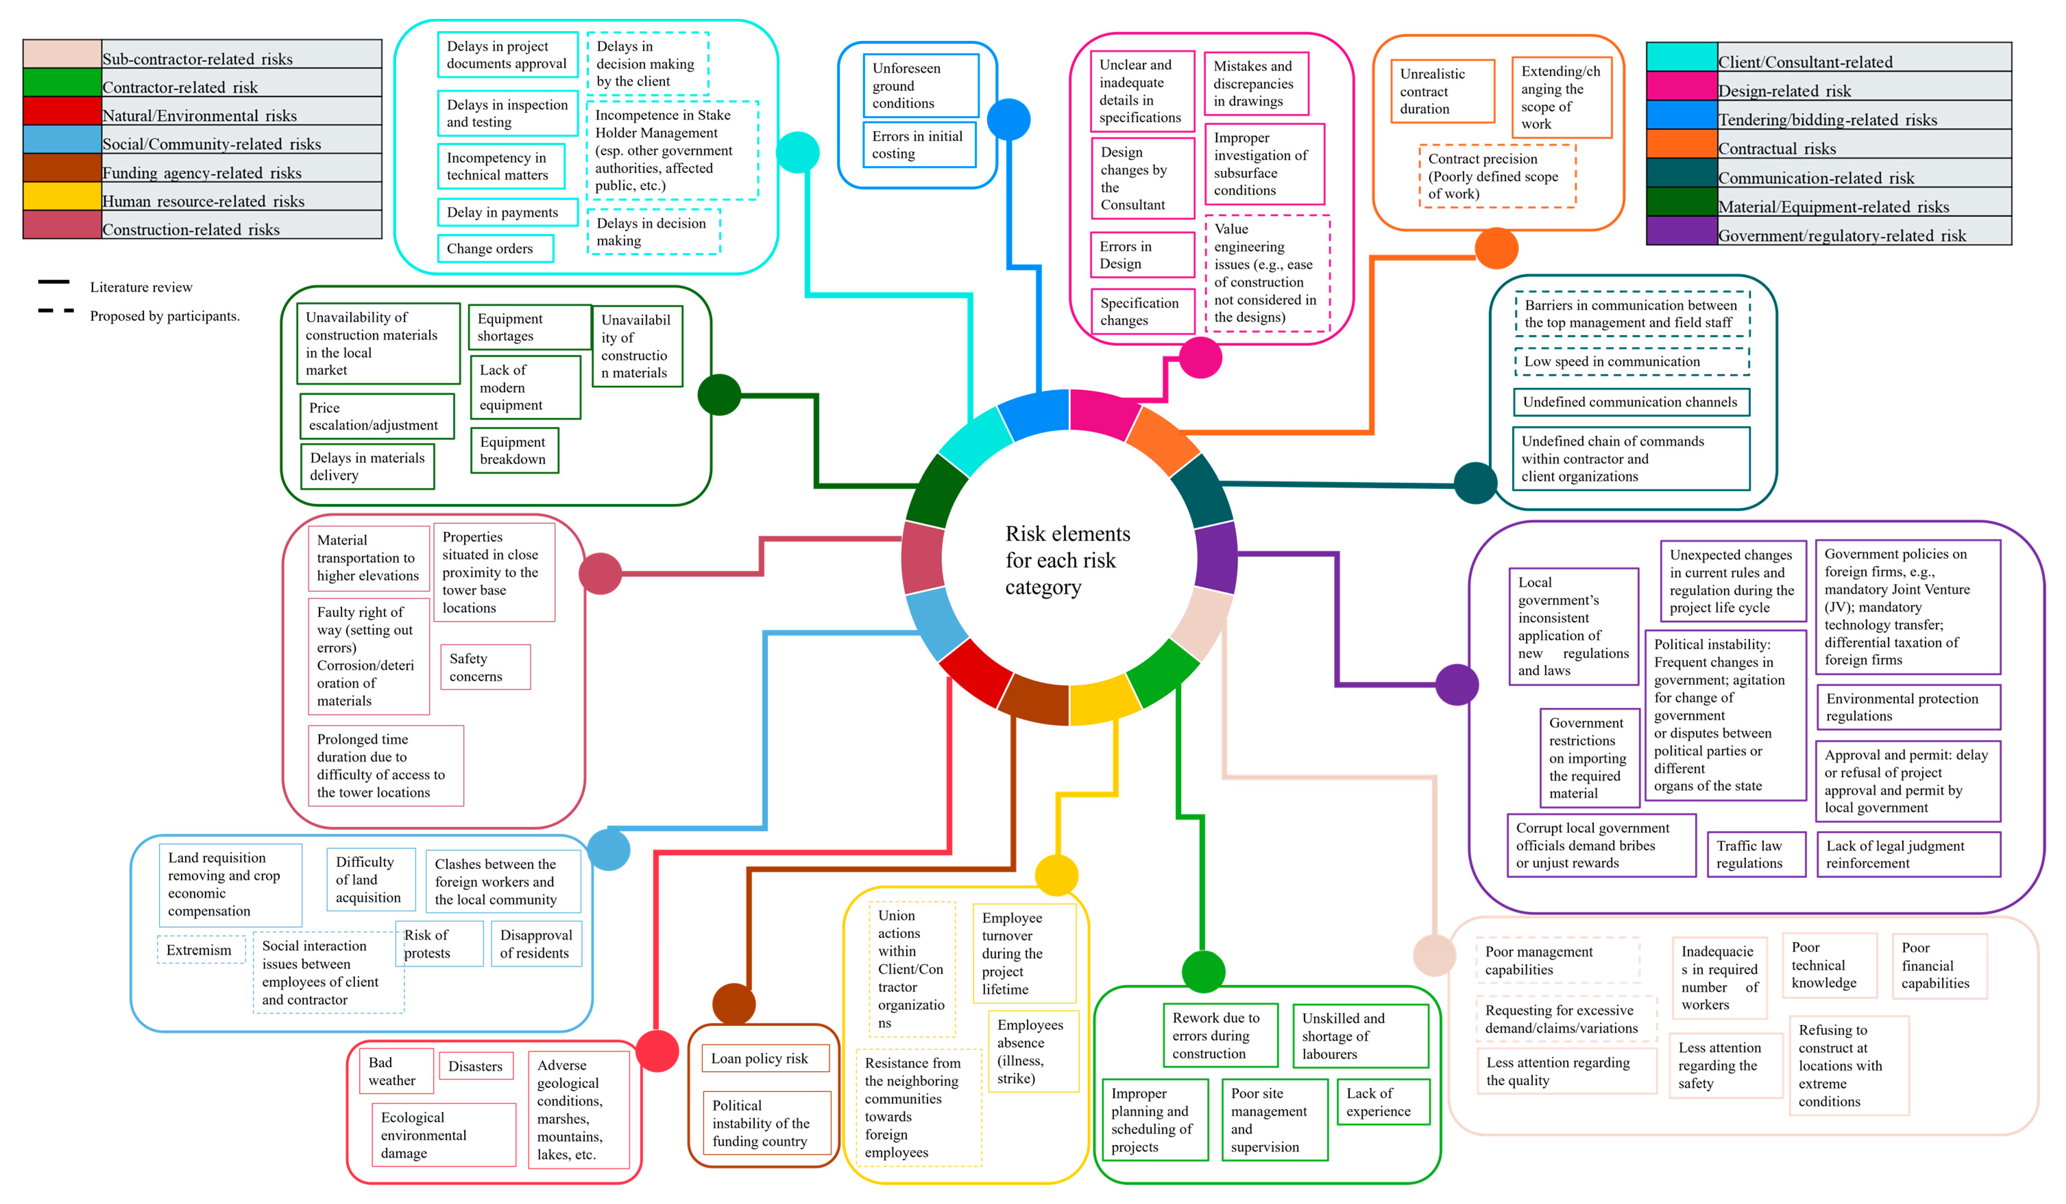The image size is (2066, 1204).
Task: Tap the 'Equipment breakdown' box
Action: [514, 450]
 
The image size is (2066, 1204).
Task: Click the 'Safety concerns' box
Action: [485, 667]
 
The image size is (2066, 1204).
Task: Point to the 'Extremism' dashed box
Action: [200, 950]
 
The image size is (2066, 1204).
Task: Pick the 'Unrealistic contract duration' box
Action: [1441, 91]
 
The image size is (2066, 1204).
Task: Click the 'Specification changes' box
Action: [1141, 312]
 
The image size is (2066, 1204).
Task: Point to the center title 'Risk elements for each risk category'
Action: [1067, 561]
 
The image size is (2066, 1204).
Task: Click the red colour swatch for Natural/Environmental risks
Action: [62, 111]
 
